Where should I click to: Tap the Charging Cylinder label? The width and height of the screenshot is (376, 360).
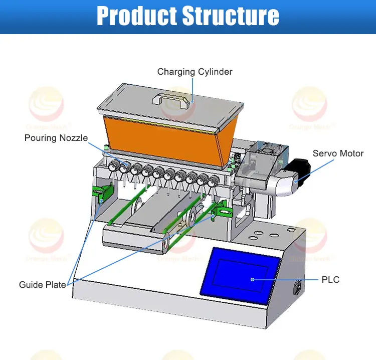[195, 72]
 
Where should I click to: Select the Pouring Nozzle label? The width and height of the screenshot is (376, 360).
[56, 138]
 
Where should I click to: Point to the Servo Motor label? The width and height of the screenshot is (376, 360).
[338, 153]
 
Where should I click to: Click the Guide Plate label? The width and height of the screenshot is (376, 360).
[43, 285]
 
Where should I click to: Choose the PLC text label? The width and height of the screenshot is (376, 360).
[330, 279]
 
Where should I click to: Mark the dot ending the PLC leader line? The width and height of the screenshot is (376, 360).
[253, 279]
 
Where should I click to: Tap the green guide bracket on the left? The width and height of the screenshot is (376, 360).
[103, 194]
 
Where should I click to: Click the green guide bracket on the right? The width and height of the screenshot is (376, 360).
[220, 210]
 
